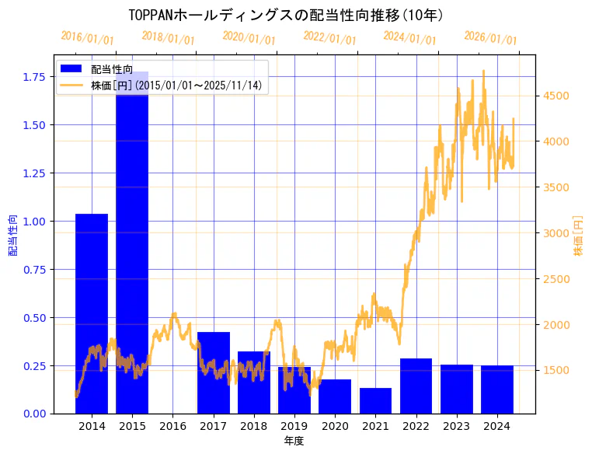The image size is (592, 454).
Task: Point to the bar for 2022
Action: click(416, 386)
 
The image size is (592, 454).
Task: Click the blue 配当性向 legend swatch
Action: click(71, 69)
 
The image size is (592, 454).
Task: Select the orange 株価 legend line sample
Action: click(71, 85)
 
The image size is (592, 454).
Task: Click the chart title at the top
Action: click(286, 15)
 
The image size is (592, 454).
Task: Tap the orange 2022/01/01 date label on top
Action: click(329, 38)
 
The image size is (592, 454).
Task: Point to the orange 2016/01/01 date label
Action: click(87, 38)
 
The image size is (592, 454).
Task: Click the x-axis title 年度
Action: click(294, 441)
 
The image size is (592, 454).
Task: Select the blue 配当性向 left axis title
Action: click(13, 236)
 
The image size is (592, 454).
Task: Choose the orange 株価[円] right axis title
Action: click(578, 236)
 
